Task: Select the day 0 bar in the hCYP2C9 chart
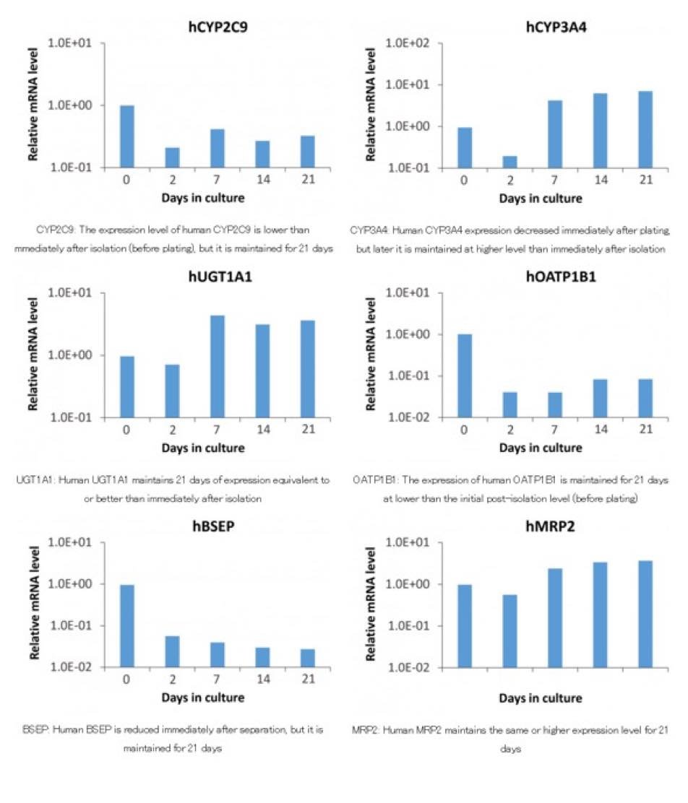click(127, 136)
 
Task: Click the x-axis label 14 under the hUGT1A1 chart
click(262, 430)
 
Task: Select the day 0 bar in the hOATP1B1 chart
click(465, 376)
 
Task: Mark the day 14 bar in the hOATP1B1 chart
click(600, 398)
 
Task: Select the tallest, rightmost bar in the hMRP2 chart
click(645, 614)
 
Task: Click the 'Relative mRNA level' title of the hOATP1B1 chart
click(371, 355)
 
